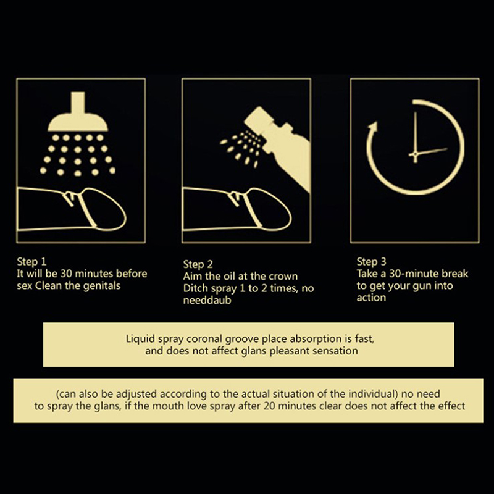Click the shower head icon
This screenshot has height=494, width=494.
point(78,115)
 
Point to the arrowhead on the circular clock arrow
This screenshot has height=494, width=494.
point(373,128)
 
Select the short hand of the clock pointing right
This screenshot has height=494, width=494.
point(429,152)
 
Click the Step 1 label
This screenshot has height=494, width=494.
point(31,261)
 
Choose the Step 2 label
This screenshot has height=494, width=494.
point(198,264)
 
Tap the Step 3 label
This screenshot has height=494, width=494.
point(372,261)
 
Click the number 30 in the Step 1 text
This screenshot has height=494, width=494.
point(67,274)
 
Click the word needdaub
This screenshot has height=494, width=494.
point(207,300)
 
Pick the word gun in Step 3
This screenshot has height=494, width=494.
point(416,287)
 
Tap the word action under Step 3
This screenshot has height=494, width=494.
point(371,298)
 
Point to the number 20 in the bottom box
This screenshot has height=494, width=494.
point(270,406)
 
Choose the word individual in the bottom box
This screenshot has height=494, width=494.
point(372,394)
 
